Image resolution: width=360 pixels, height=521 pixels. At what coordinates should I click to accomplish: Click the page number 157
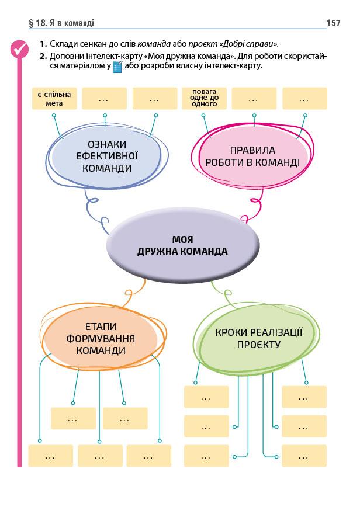click(x=334, y=23)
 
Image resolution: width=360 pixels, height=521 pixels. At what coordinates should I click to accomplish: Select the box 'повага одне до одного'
click(x=204, y=98)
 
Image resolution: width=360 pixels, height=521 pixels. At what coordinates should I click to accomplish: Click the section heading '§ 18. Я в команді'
click(x=61, y=23)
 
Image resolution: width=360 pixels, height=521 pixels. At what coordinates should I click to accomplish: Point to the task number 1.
click(x=43, y=44)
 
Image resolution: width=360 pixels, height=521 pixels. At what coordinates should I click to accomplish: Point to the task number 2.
click(x=43, y=56)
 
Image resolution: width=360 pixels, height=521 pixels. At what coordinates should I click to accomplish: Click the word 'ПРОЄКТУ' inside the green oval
click(x=259, y=345)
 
